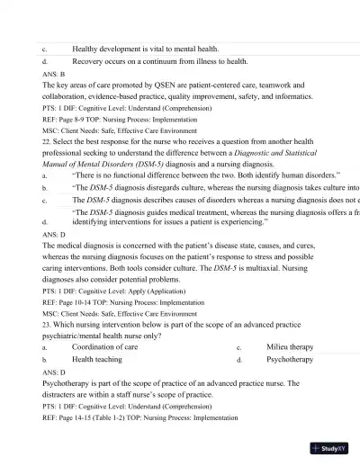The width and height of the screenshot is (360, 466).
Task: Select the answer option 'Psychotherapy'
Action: click(290, 359)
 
